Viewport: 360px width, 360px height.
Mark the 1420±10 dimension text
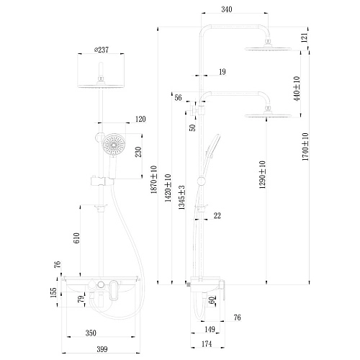pos(168,189)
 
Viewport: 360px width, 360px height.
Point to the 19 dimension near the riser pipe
pos(222,71)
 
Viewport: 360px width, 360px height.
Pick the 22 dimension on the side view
pos(218,215)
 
